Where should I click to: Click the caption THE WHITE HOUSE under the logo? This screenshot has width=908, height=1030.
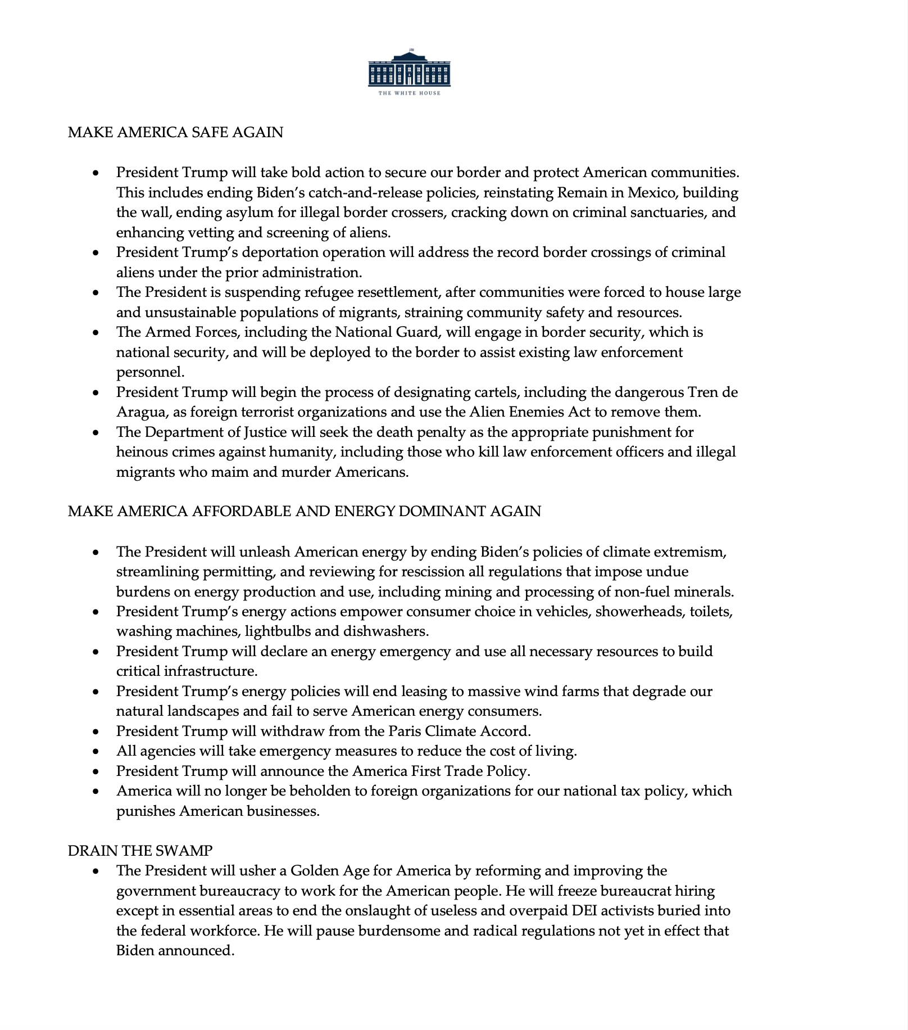[x=409, y=93]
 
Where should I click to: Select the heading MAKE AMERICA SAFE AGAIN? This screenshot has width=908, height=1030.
[x=175, y=132]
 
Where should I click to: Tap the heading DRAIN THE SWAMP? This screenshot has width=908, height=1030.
[x=140, y=850]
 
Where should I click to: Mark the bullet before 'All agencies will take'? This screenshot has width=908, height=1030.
[x=97, y=752]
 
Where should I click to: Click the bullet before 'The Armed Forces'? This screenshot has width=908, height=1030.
[x=97, y=333]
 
